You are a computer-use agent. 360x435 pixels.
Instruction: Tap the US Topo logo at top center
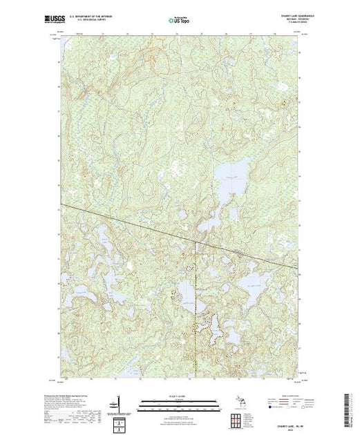(x=180, y=19)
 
